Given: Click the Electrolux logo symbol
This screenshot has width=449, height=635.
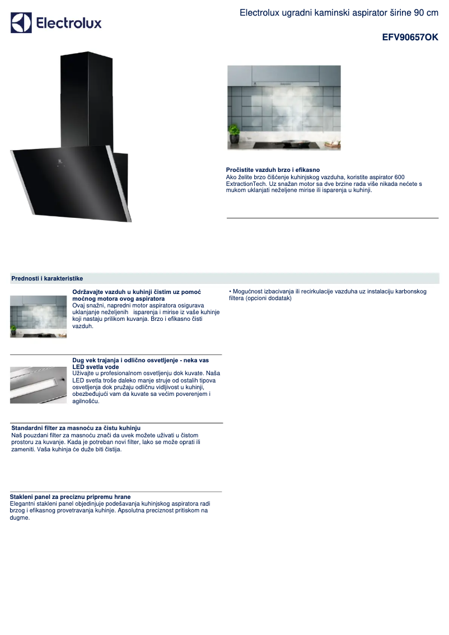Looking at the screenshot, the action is tap(21, 23).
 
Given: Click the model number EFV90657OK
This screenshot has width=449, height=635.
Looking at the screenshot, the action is tap(410, 38).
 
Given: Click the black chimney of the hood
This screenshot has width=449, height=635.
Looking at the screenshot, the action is tap(87, 95).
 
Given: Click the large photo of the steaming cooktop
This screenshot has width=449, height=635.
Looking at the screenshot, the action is tap(284, 108).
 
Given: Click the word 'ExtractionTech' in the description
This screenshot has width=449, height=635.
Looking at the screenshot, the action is tap(246, 184).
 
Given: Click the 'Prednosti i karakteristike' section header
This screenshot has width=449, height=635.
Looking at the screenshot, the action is tap(47, 278).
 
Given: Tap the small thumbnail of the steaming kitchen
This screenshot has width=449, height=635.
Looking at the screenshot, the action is tap(38, 316).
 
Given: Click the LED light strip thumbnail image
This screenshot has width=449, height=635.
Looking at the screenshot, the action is tap(38, 385).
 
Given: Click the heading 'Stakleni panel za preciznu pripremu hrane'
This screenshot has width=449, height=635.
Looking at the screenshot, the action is tap(70, 497).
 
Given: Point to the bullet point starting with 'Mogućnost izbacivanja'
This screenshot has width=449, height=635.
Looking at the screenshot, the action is tap(328, 295).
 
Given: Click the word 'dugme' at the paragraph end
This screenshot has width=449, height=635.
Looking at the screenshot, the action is tap(20, 518).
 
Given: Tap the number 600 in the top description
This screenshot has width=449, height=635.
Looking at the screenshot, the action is tap(399, 177).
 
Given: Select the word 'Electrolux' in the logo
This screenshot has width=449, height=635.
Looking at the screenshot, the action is tap(69, 24).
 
